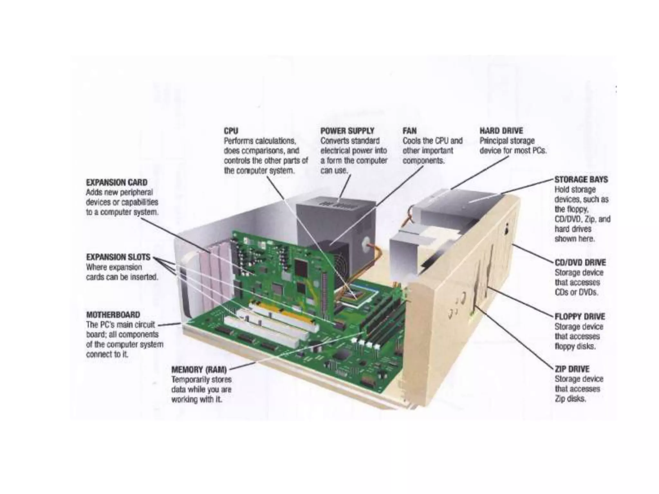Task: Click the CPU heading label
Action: point(231,131)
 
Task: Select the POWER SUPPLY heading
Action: point(347,131)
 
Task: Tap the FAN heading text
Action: point(409,131)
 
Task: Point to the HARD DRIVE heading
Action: point(501,131)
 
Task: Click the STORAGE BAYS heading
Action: point(581,179)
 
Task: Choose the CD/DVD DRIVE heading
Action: point(580,262)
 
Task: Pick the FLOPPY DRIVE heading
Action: point(580,316)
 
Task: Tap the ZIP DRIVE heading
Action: point(572,369)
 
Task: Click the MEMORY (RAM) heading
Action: point(199,370)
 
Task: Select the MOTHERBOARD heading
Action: point(113,315)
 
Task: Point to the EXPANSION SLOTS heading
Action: point(118,257)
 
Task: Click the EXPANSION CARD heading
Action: point(116,182)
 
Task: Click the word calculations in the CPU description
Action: point(275,141)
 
